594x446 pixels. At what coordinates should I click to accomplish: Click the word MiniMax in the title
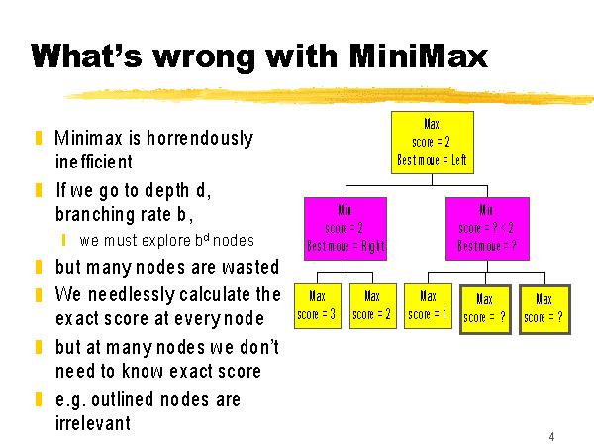coord(418,56)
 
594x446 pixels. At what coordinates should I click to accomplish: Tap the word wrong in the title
coord(203,57)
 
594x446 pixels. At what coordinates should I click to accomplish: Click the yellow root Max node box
coord(433,143)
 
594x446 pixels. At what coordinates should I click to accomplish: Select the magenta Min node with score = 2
coord(346,229)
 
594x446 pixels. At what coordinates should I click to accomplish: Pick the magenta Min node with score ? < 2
coord(487,229)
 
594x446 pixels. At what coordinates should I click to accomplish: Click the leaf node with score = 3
coord(318,306)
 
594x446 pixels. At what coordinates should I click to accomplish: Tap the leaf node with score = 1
coord(428,306)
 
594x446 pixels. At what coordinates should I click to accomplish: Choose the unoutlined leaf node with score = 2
coord(373,306)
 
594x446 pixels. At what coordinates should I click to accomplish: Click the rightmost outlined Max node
coord(544,310)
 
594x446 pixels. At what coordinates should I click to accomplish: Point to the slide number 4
coord(551,436)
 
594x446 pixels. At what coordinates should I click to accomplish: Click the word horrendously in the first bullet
coord(200,138)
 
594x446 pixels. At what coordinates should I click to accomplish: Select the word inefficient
coord(94,162)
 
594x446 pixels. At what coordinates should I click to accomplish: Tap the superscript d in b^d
coord(207,237)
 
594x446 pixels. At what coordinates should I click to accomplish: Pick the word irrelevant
coord(93,423)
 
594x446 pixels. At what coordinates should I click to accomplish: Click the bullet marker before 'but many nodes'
coord(39,267)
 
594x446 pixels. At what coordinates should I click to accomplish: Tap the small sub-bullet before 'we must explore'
coord(63,240)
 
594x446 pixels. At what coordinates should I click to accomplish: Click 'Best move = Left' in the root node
coord(433,160)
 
